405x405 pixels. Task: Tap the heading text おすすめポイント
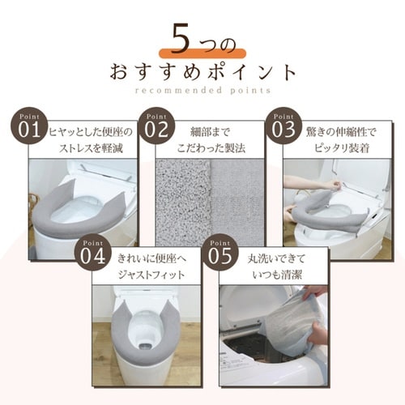click(202, 70)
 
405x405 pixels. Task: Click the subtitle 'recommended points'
click(202, 91)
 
